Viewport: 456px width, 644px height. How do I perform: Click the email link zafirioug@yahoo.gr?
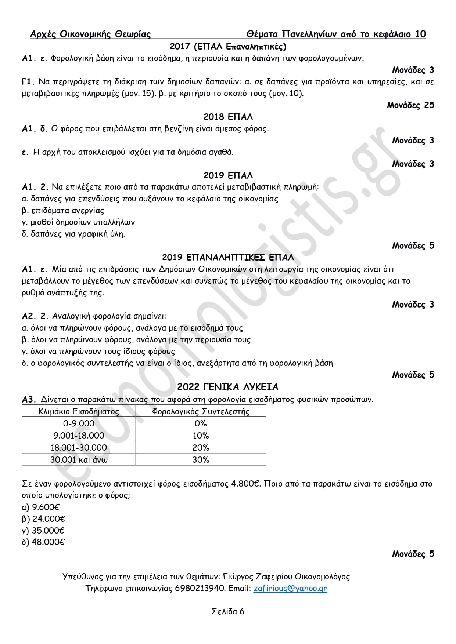pos(290,588)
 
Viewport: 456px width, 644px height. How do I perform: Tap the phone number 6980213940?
pos(200,588)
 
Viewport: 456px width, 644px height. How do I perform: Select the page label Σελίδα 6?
pos(228,611)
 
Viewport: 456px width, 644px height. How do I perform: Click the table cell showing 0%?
pos(201,423)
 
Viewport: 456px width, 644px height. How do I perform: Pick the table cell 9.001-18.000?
pos(79,436)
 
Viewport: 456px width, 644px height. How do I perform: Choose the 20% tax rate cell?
pos(201,448)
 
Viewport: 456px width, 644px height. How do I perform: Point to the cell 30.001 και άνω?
pos(79,460)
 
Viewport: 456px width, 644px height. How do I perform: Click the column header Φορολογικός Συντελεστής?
pos(201,411)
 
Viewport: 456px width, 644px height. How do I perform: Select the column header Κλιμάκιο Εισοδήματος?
pos(79,411)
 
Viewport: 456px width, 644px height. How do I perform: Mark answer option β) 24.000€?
pos(43,519)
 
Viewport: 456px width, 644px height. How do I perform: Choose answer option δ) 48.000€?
pos(43,542)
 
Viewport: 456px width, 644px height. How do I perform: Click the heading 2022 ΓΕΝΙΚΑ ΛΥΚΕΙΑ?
pos(228,387)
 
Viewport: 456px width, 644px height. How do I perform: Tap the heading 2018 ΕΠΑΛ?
pos(228,117)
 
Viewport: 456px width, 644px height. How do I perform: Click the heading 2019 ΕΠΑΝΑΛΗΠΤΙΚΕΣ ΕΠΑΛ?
pos(228,257)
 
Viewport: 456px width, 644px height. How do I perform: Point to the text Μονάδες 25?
pos(410,105)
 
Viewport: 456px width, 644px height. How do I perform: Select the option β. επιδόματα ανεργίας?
pos(63,211)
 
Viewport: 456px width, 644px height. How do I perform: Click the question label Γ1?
pos(28,82)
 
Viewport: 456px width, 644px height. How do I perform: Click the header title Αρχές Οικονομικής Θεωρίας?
pos(90,34)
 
